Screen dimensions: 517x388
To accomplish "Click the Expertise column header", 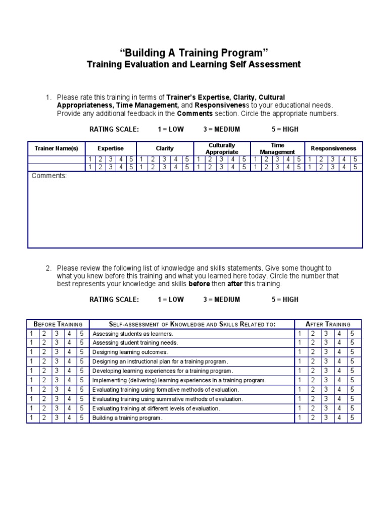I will [x=111, y=148].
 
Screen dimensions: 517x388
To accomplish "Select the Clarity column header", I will [x=165, y=148].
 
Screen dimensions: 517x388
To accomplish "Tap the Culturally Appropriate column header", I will [x=222, y=148].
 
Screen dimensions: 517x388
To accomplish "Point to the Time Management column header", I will [x=277, y=148].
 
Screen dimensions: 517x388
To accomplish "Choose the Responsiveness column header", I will [x=333, y=148].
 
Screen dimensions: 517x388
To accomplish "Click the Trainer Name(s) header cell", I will [x=56, y=148].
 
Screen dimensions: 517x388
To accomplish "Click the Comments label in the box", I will [x=49, y=176].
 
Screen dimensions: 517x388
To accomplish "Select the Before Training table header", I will [x=58, y=324].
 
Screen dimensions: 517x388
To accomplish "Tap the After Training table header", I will [x=328, y=324].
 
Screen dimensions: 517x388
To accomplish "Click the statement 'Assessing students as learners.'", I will [x=132, y=334].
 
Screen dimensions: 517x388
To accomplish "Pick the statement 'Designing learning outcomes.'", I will [x=130, y=352].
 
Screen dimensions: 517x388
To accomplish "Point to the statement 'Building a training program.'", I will [x=128, y=418].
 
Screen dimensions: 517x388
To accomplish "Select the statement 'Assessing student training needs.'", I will [x=135, y=343].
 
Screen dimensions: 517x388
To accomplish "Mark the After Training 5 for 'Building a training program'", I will [x=353, y=418].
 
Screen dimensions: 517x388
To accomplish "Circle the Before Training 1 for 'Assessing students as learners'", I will [x=31, y=334].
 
